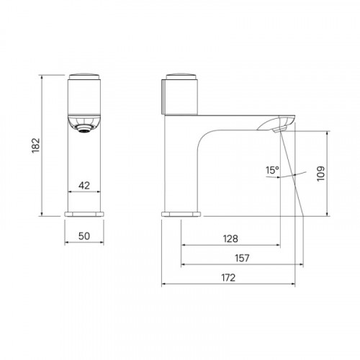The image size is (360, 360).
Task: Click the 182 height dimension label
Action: click(36, 145)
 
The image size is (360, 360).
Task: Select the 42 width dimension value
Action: click(84, 186)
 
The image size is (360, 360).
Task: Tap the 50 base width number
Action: click(84, 236)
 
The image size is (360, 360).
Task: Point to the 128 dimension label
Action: click(230, 239)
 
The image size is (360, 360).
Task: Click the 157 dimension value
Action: click(242, 258)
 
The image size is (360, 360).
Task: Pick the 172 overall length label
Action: click(228, 278)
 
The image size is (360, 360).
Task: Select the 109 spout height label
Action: click(321, 174)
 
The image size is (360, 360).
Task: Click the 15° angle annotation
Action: click(272, 170)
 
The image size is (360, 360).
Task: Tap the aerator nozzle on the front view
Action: click(84, 130)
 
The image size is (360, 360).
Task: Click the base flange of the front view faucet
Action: click(84, 214)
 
